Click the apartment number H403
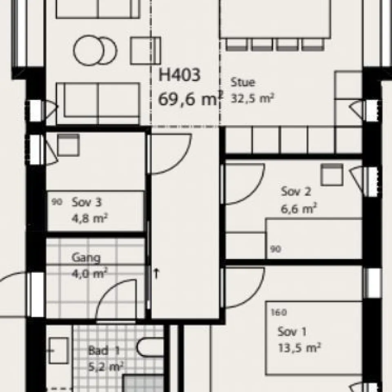tap(180, 76)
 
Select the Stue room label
tap(243, 82)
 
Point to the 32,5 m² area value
tap(252, 98)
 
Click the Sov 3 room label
tap(86, 202)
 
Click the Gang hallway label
tap(86, 258)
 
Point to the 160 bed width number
tap(278, 313)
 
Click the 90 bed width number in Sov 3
tap(57, 202)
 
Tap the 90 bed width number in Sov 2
tap(276, 249)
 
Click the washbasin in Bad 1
tap(58, 350)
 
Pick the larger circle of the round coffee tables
tap(87, 50)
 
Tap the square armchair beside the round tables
tap(145, 50)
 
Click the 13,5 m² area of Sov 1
tap(299, 348)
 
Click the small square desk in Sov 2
tap(332, 174)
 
